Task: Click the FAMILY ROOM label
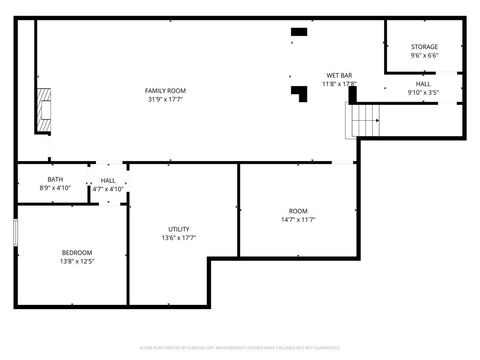(165, 91)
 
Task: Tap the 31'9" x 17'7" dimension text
(165, 99)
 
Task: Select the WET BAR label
(339, 76)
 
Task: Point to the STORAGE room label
(424, 47)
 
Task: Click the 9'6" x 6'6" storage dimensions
(424, 56)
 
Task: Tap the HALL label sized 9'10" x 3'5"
(424, 84)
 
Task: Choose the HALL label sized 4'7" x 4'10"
(108, 180)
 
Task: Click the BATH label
(54, 180)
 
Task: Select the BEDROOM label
(77, 252)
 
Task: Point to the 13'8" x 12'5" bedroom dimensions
(77, 261)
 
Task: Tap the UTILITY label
(179, 229)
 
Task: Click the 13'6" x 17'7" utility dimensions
(179, 238)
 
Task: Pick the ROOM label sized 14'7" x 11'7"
(298, 211)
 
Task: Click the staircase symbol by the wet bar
(365, 121)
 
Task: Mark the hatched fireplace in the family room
(42, 110)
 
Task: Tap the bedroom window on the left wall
(16, 231)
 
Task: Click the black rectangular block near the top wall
(298, 32)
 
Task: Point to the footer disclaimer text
(240, 347)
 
